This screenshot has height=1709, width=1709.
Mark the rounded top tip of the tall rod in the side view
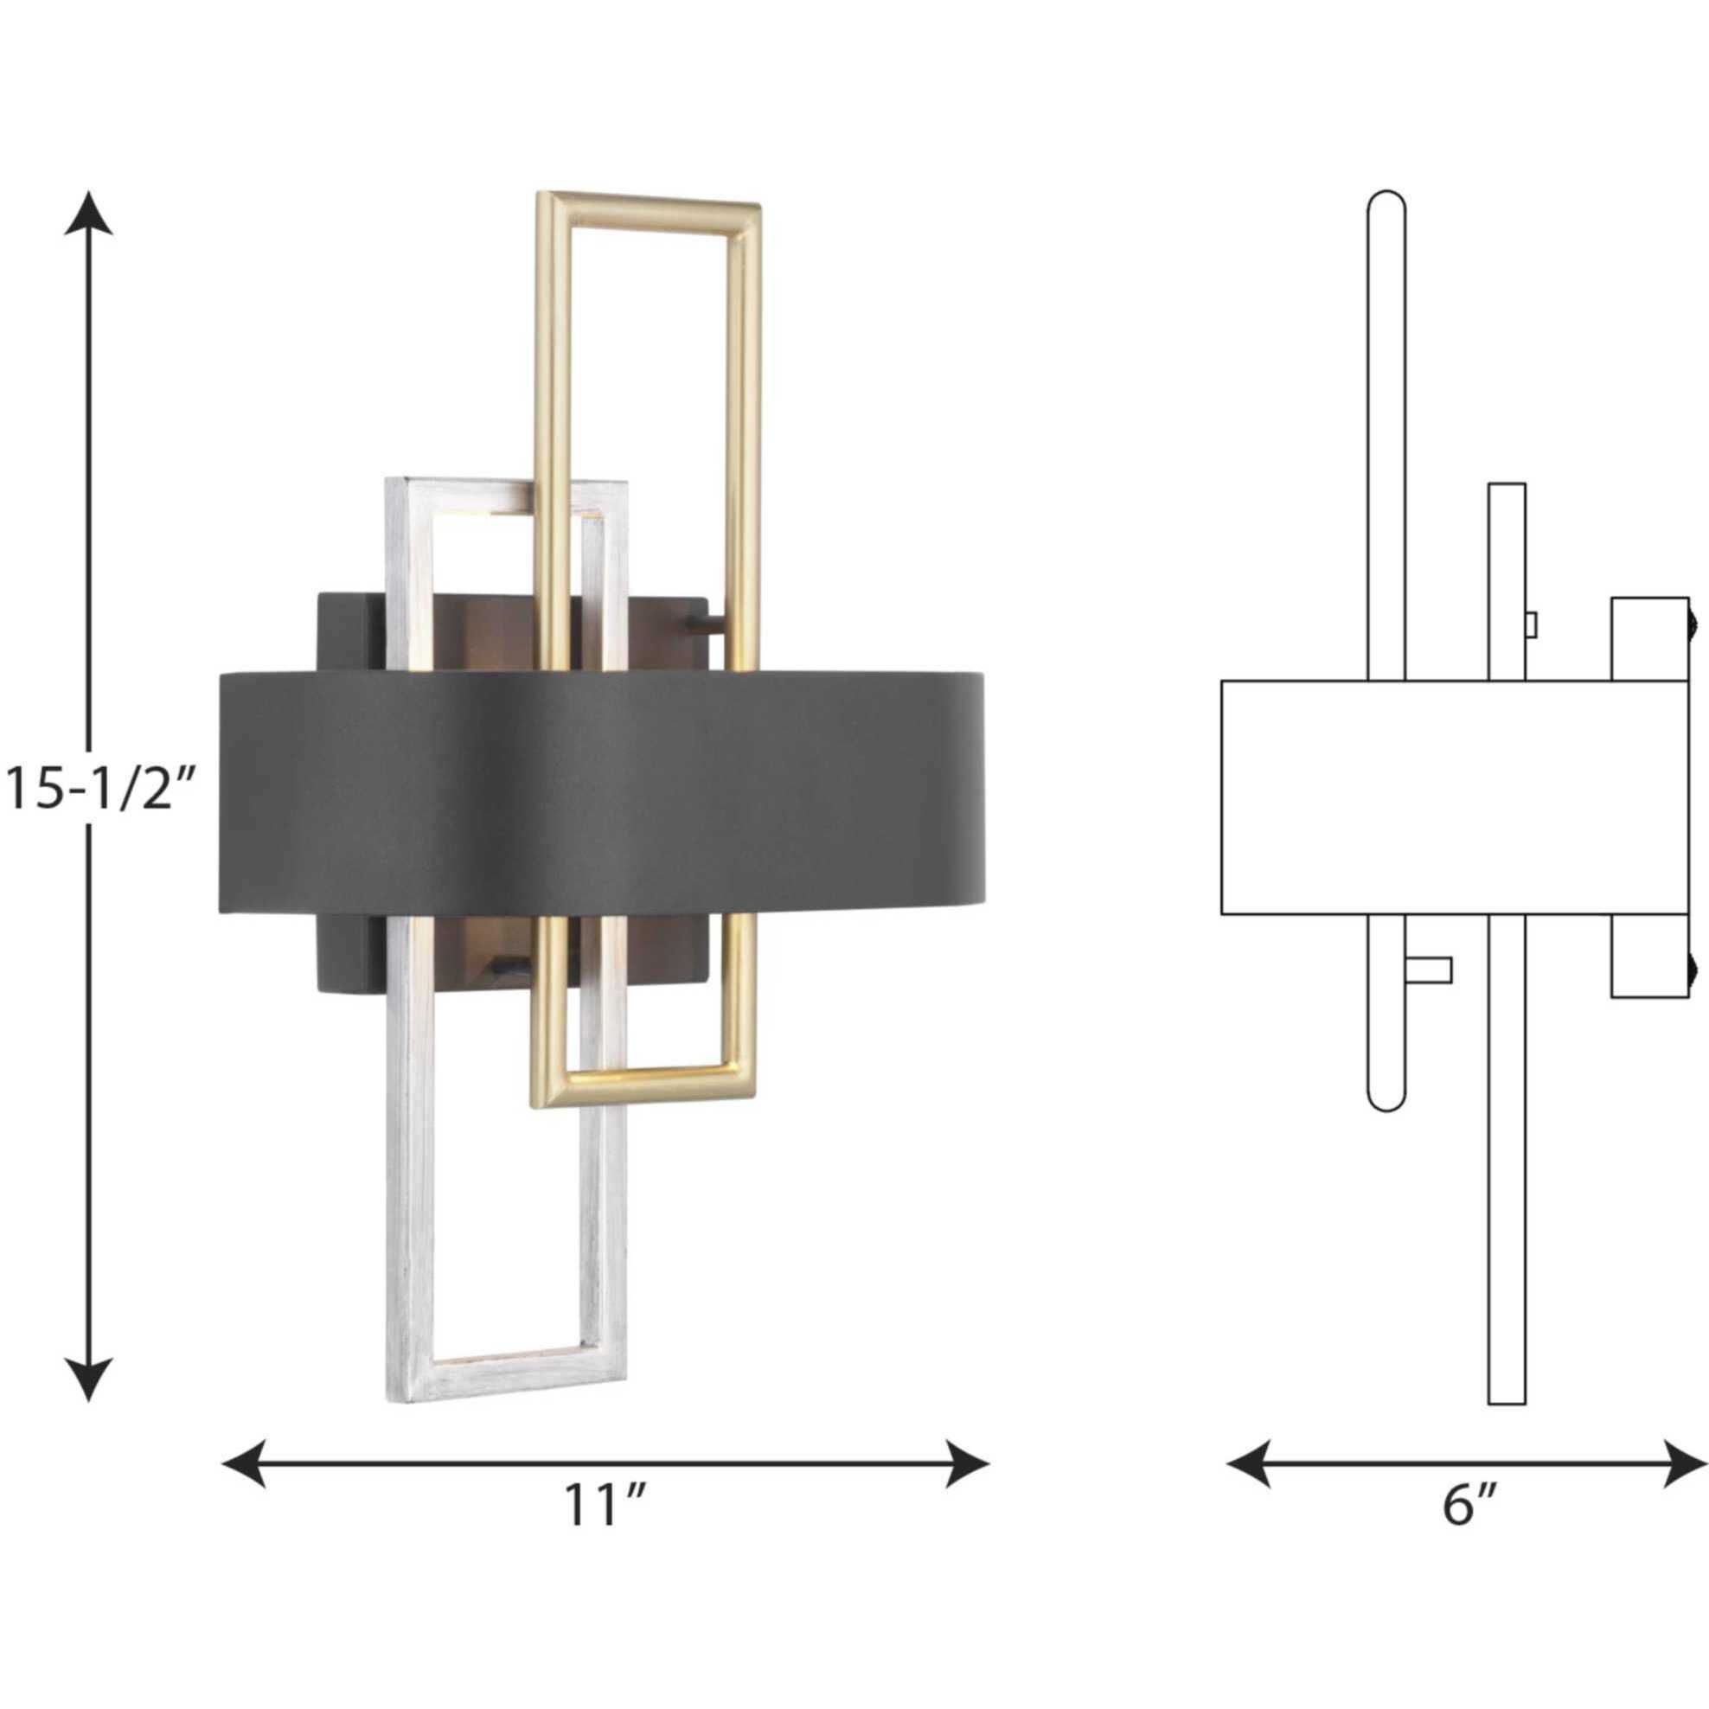(1386, 198)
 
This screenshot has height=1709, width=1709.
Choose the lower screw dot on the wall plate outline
(1693, 971)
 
